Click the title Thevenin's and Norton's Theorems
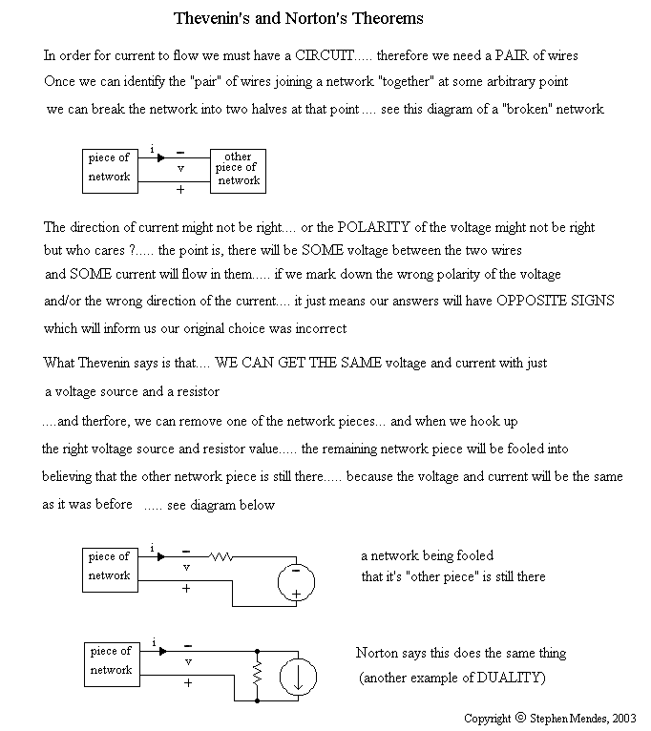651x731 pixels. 299,18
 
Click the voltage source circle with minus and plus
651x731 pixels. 296,582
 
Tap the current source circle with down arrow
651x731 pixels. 298,678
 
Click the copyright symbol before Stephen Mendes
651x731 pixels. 520,717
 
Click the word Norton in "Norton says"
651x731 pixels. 378,653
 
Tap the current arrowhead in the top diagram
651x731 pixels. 160,157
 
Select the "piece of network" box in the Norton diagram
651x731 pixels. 110,660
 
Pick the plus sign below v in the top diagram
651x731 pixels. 180,189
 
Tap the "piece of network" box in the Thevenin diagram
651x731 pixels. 109,566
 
